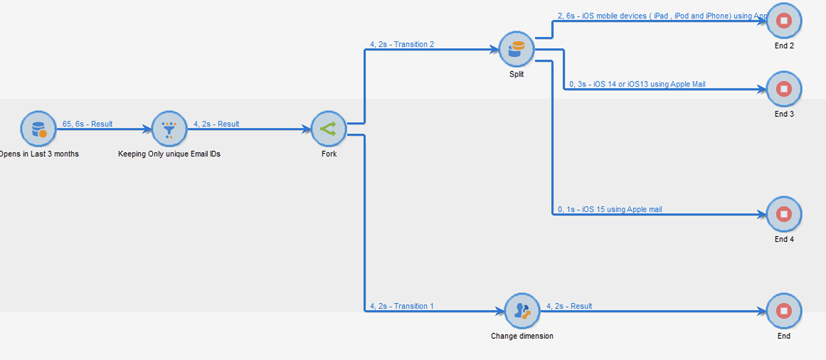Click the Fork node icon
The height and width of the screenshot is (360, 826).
[x=329, y=129]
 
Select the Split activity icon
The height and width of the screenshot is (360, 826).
[x=516, y=50]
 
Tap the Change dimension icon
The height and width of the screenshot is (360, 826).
[x=522, y=311]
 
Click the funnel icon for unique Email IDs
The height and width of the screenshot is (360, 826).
[x=169, y=129]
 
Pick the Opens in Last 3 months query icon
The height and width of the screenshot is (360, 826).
[x=38, y=129]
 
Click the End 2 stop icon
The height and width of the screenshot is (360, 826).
[x=784, y=21]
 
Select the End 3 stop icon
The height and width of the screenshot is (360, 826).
[x=784, y=89]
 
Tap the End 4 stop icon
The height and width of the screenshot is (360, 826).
[x=784, y=214]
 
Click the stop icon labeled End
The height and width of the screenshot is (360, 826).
[x=784, y=311]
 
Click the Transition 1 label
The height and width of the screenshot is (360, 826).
[x=402, y=306]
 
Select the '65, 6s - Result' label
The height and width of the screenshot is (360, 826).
[x=87, y=125]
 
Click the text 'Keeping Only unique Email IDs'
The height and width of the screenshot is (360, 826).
[x=169, y=154]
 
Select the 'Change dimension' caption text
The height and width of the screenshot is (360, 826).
[x=522, y=336]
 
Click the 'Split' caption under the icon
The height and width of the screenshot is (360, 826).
[x=516, y=75]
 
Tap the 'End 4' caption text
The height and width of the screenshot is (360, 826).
[x=784, y=240]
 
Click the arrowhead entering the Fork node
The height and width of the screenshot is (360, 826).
[x=307, y=129]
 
